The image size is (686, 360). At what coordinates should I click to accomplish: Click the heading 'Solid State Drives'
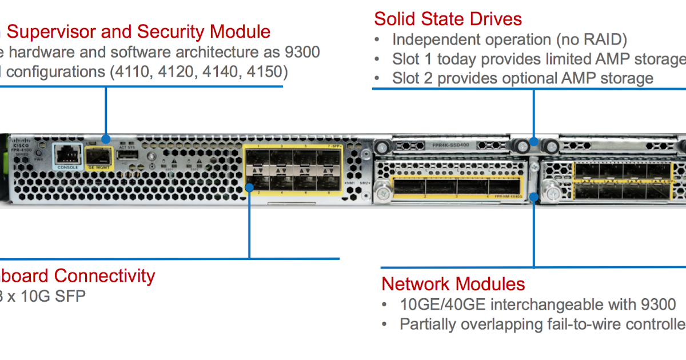448,19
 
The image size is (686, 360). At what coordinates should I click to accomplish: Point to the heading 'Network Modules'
453,284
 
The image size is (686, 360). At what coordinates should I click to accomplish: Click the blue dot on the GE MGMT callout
105,139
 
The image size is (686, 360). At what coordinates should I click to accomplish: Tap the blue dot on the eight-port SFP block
249,186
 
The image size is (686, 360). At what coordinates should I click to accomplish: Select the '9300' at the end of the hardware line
302,52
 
